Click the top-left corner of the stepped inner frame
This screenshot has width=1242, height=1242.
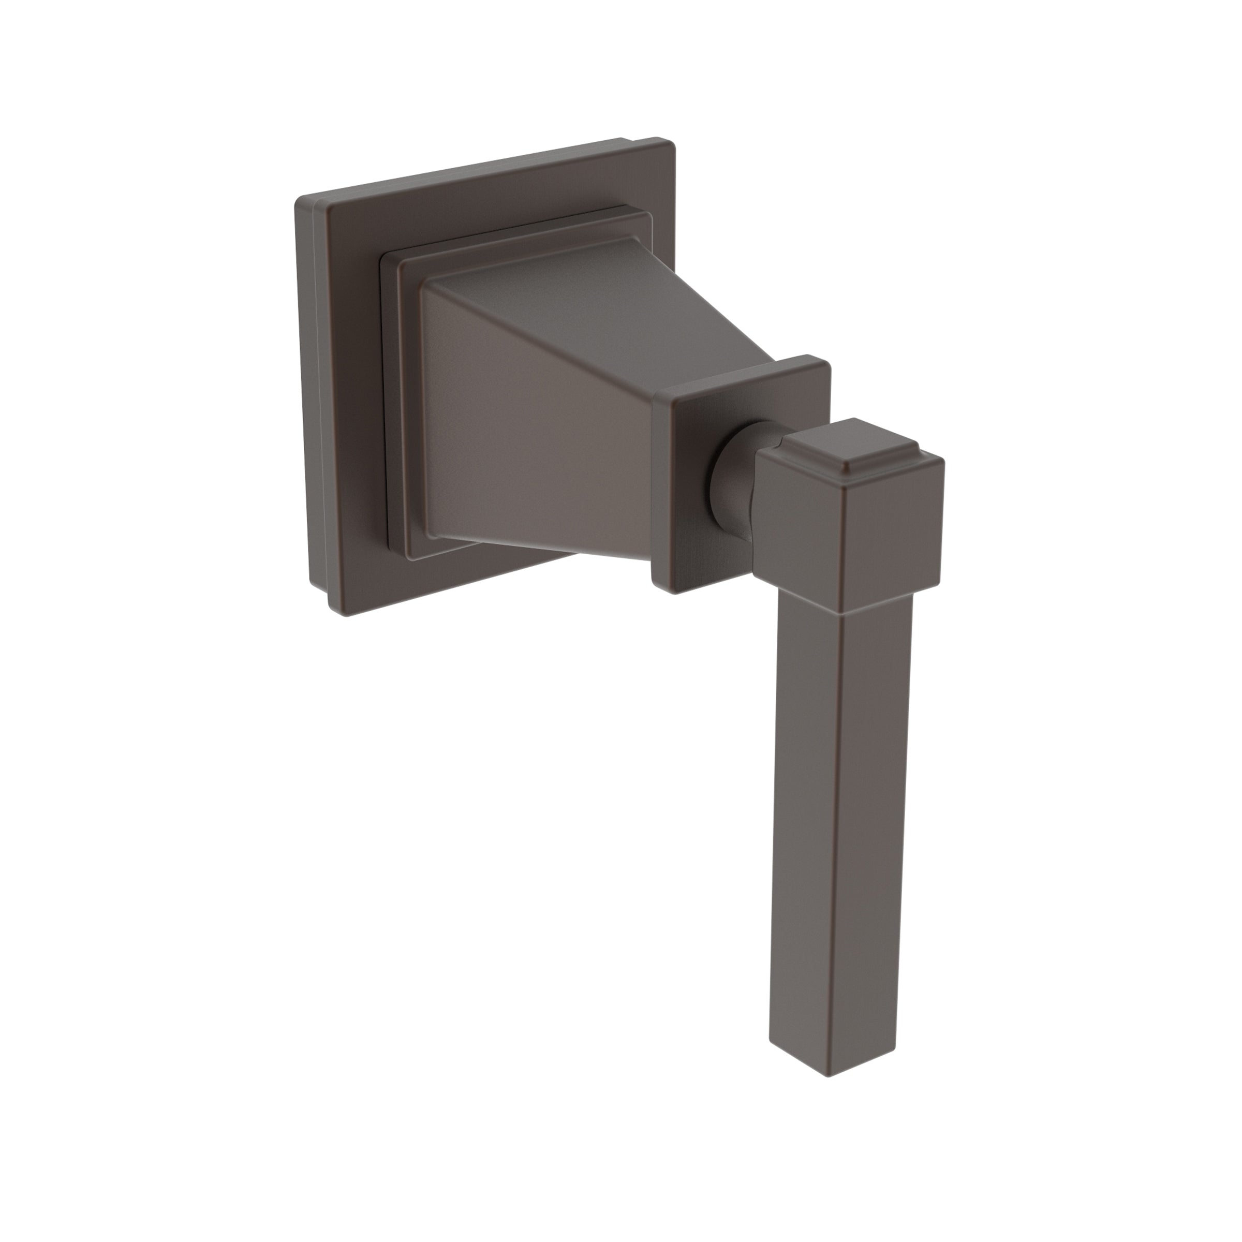click(x=385, y=257)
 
